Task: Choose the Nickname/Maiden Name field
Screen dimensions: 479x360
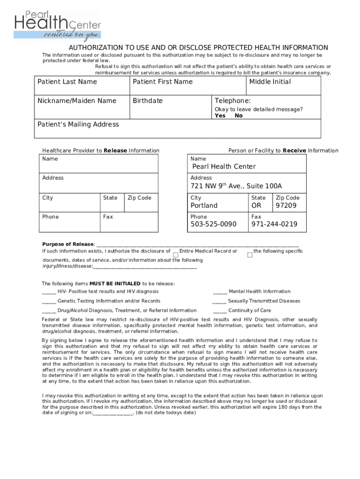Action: point(81,108)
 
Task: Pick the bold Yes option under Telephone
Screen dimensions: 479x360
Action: point(220,116)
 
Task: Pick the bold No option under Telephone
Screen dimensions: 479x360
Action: point(239,116)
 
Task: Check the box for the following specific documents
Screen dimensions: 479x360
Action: point(250,255)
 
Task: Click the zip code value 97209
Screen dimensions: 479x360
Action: point(286,206)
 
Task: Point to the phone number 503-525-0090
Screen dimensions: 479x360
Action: point(213,225)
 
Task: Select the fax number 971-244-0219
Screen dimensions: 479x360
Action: point(274,225)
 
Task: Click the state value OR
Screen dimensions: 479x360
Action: point(257,206)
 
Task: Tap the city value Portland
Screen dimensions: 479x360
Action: point(204,206)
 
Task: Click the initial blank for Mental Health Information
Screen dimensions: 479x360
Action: point(220,292)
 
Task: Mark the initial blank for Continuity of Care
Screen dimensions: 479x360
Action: point(220,311)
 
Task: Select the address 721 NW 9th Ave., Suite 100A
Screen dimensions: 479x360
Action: point(236,186)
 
